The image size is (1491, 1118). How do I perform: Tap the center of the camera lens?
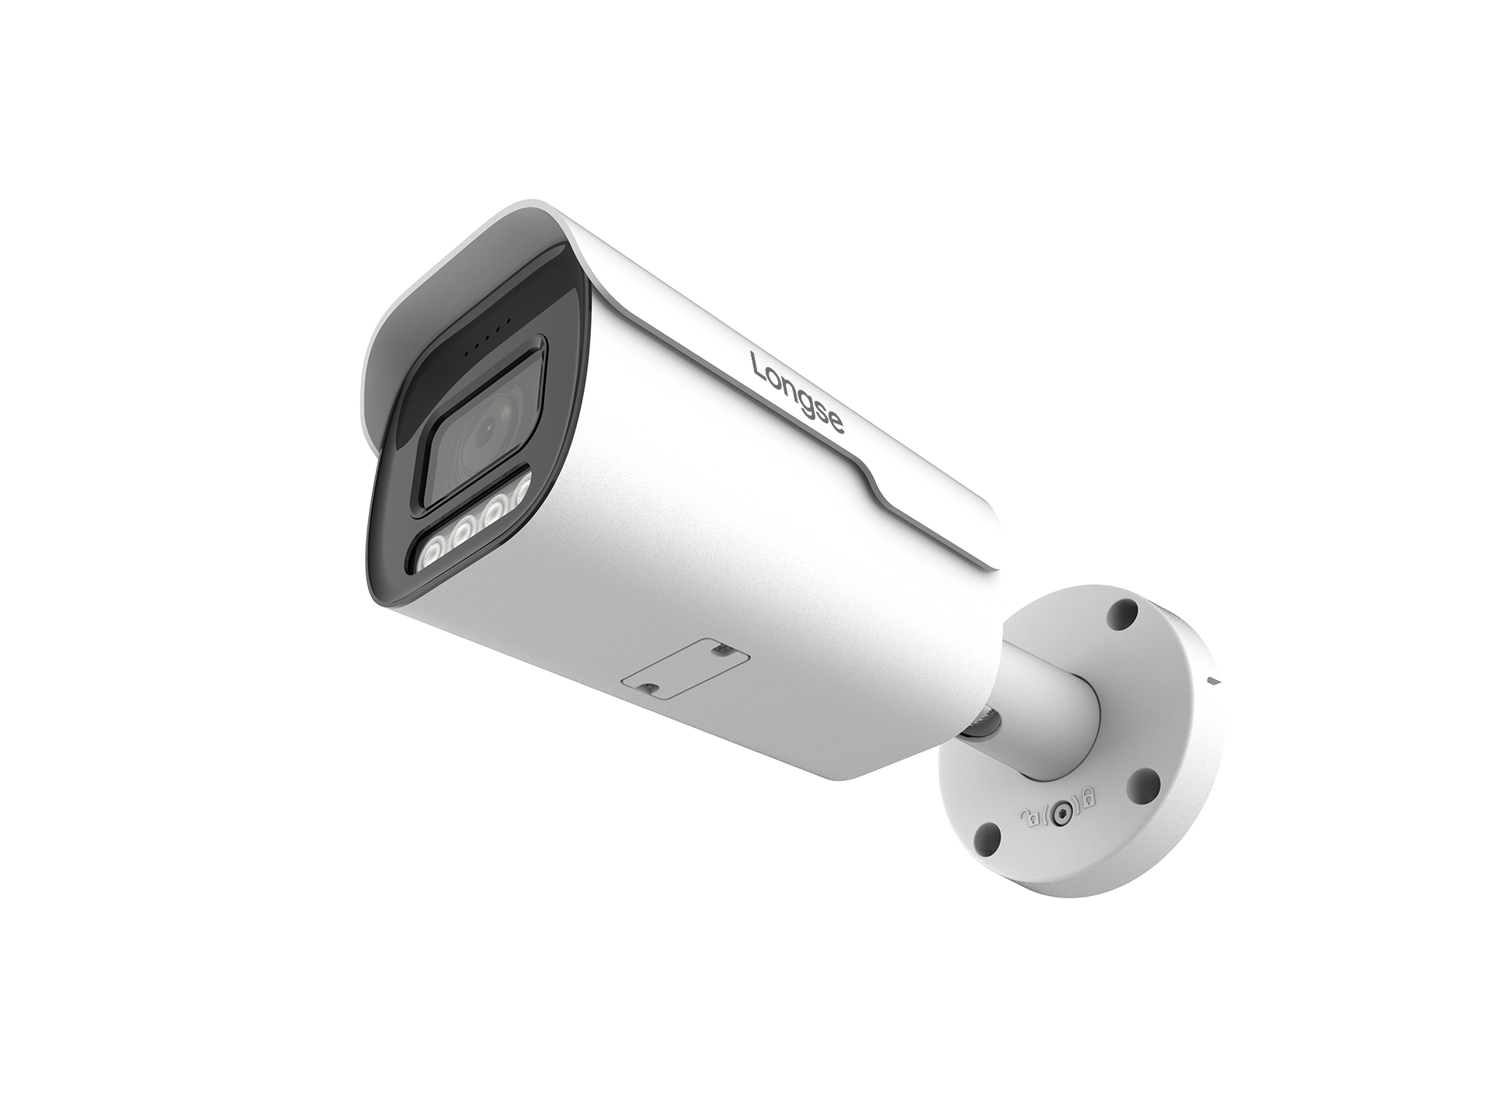[x=488, y=425]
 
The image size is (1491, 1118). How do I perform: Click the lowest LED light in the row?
[x=428, y=556]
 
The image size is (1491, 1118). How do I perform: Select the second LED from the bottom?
[x=461, y=533]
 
